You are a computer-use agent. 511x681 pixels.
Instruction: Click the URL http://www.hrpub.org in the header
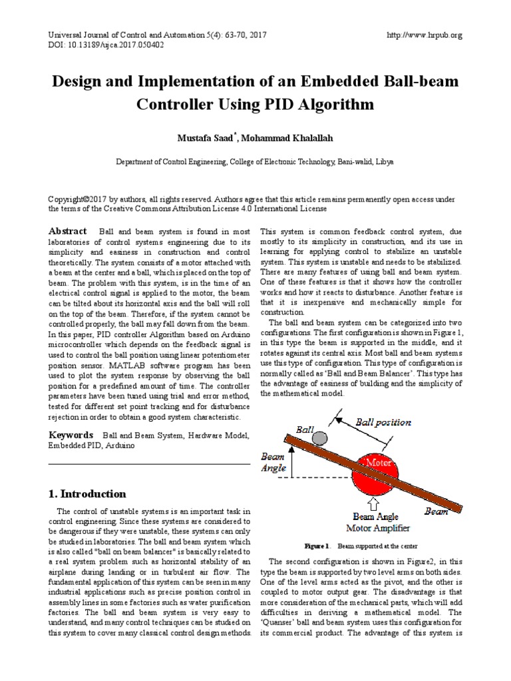(424, 35)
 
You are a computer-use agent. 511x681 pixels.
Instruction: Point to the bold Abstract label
(68, 230)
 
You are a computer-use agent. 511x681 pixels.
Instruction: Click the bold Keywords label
(71, 434)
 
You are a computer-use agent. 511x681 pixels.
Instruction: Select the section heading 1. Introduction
(87, 493)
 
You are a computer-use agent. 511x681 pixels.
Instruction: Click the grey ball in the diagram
(320, 437)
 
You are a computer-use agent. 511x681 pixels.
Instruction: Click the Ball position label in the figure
(383, 422)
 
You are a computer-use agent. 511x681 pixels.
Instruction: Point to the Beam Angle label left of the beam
(273, 462)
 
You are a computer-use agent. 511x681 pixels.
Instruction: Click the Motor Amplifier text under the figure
(376, 528)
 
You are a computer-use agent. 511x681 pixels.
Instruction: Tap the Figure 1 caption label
(317, 545)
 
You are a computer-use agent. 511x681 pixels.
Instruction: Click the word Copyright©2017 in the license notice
(79, 199)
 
